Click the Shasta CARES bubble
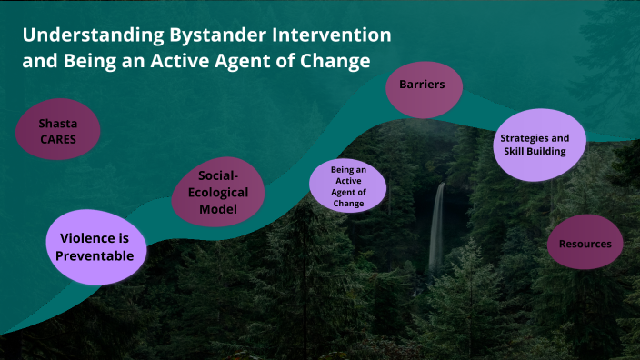pyautogui.click(x=56, y=132)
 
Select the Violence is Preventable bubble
pyautogui.click(x=96, y=246)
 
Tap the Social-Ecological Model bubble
pyautogui.click(x=217, y=192)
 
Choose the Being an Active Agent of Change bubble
pyautogui.click(x=347, y=186)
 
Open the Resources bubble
pyautogui.click(x=585, y=244)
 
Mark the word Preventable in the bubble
pyautogui.click(x=96, y=255)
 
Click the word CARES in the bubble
pyautogui.click(x=56, y=140)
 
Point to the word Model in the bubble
pyautogui.click(x=218, y=210)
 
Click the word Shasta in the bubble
pyautogui.click(x=56, y=124)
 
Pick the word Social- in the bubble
pyautogui.click(x=218, y=175)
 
